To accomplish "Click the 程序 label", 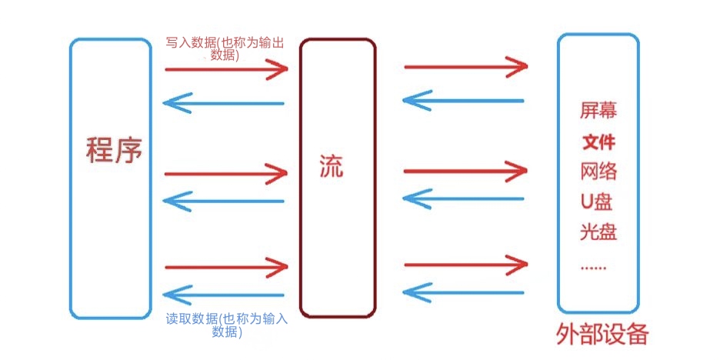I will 115,149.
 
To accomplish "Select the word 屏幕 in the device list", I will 598,111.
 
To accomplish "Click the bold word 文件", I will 598,142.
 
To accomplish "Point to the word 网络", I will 598,171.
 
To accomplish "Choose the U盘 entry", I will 597,202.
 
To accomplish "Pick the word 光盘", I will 598,232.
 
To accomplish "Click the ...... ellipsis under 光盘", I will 593,268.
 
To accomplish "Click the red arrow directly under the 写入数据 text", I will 226,69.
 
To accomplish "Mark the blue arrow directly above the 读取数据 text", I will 225,295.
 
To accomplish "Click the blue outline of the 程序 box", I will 72,177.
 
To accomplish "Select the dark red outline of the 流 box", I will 301,177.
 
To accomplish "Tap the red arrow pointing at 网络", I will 466,169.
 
